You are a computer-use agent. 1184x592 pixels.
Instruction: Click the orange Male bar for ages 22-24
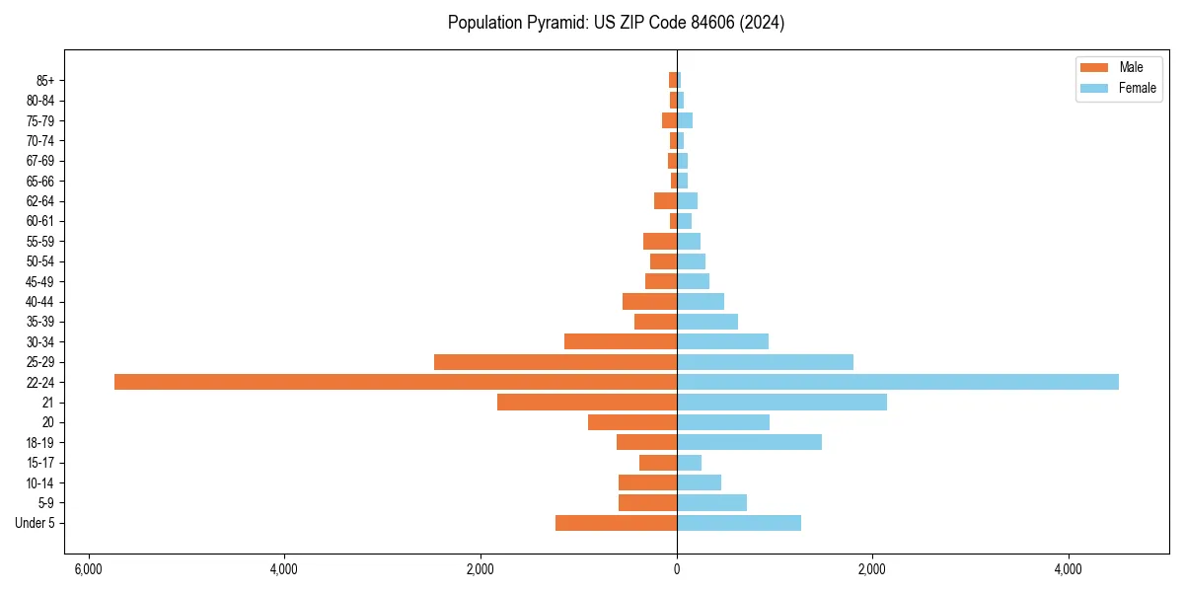tap(395, 382)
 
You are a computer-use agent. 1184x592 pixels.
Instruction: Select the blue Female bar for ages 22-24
tap(898, 382)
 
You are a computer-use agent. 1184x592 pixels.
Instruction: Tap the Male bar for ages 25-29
tap(555, 362)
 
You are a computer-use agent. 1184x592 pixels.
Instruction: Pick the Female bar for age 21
tap(781, 403)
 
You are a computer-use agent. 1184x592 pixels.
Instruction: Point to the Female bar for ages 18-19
tap(749, 442)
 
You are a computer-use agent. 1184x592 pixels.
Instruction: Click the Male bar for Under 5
tap(616, 523)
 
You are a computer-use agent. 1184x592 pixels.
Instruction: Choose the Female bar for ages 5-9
tap(711, 502)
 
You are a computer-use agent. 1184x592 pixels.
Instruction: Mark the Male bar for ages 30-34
tap(620, 341)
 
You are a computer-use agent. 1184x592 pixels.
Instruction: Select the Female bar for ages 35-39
tap(706, 322)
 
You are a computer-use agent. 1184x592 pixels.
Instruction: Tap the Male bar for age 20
tap(631, 422)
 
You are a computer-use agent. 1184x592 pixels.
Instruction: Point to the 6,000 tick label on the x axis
tap(88, 570)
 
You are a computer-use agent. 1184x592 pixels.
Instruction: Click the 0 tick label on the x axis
tap(677, 570)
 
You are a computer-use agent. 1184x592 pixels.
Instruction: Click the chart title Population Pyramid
tap(616, 23)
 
